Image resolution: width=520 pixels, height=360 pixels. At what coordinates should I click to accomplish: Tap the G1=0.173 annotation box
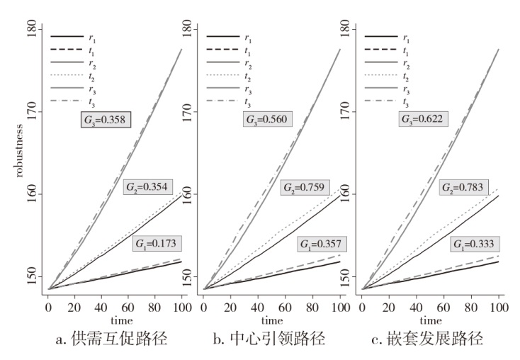[157, 244]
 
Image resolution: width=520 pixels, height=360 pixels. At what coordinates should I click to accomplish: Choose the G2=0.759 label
[304, 188]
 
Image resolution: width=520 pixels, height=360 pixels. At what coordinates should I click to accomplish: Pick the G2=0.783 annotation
[464, 186]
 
